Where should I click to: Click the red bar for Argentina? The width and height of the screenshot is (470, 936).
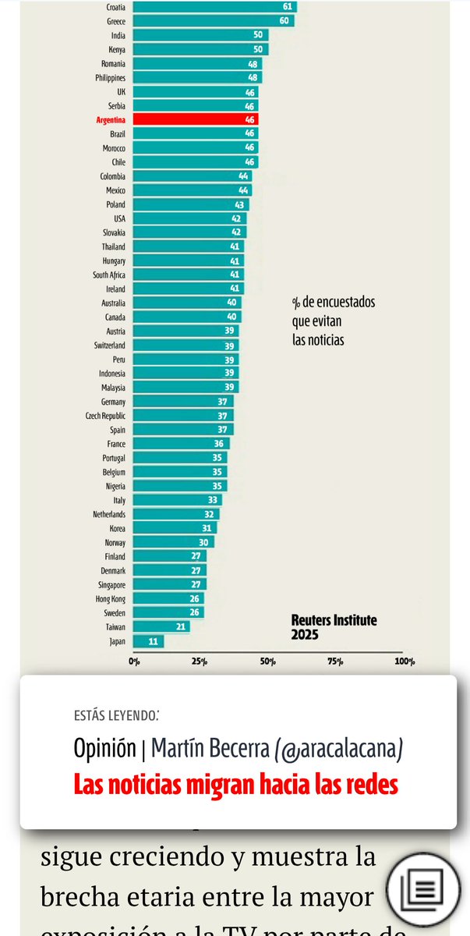195,119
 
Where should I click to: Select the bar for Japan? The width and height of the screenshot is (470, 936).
148,641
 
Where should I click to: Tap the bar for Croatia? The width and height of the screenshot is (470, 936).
214,7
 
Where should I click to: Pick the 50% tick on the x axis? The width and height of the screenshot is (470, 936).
269,662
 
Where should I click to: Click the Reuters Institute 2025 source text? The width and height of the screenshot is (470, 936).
334,627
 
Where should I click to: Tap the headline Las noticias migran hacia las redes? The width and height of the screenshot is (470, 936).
235,784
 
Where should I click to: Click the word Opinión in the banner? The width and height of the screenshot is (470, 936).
104,749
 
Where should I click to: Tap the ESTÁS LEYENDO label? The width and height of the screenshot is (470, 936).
118,714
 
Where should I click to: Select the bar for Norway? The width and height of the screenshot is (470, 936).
174,542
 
